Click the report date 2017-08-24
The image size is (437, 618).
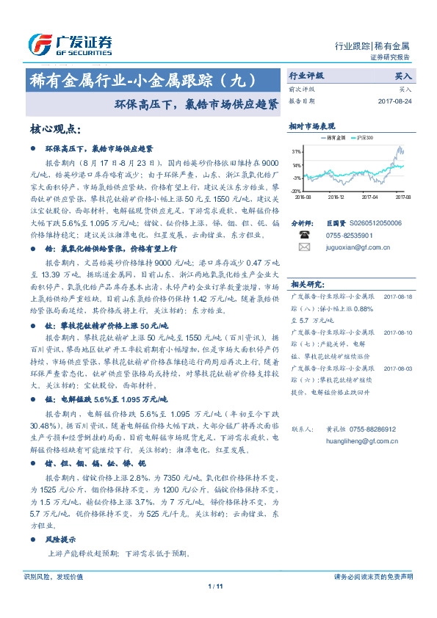tap(395, 101)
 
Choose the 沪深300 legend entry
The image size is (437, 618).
tap(366, 137)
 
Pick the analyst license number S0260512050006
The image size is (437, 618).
tap(374, 222)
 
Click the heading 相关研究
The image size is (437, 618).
tap(306, 283)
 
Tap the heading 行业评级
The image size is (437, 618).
tap(306, 75)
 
